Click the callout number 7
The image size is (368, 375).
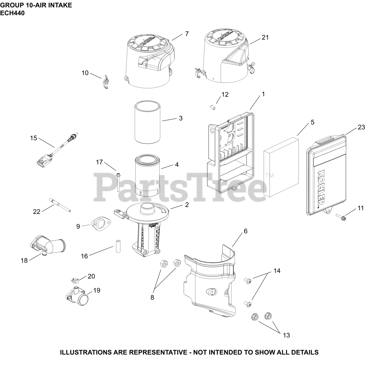187,34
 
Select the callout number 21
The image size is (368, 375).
265,37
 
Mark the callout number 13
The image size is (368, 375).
286,335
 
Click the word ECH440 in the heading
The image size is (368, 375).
12,13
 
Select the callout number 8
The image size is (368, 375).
152,297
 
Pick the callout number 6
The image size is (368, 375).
246,231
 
